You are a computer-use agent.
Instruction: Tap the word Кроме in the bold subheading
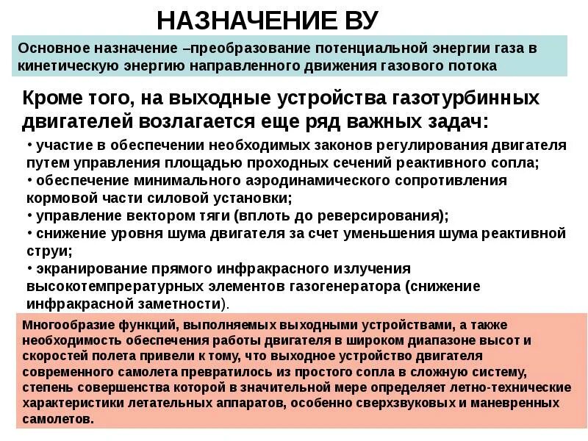click(53, 98)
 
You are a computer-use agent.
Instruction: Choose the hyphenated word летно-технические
click(512, 387)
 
